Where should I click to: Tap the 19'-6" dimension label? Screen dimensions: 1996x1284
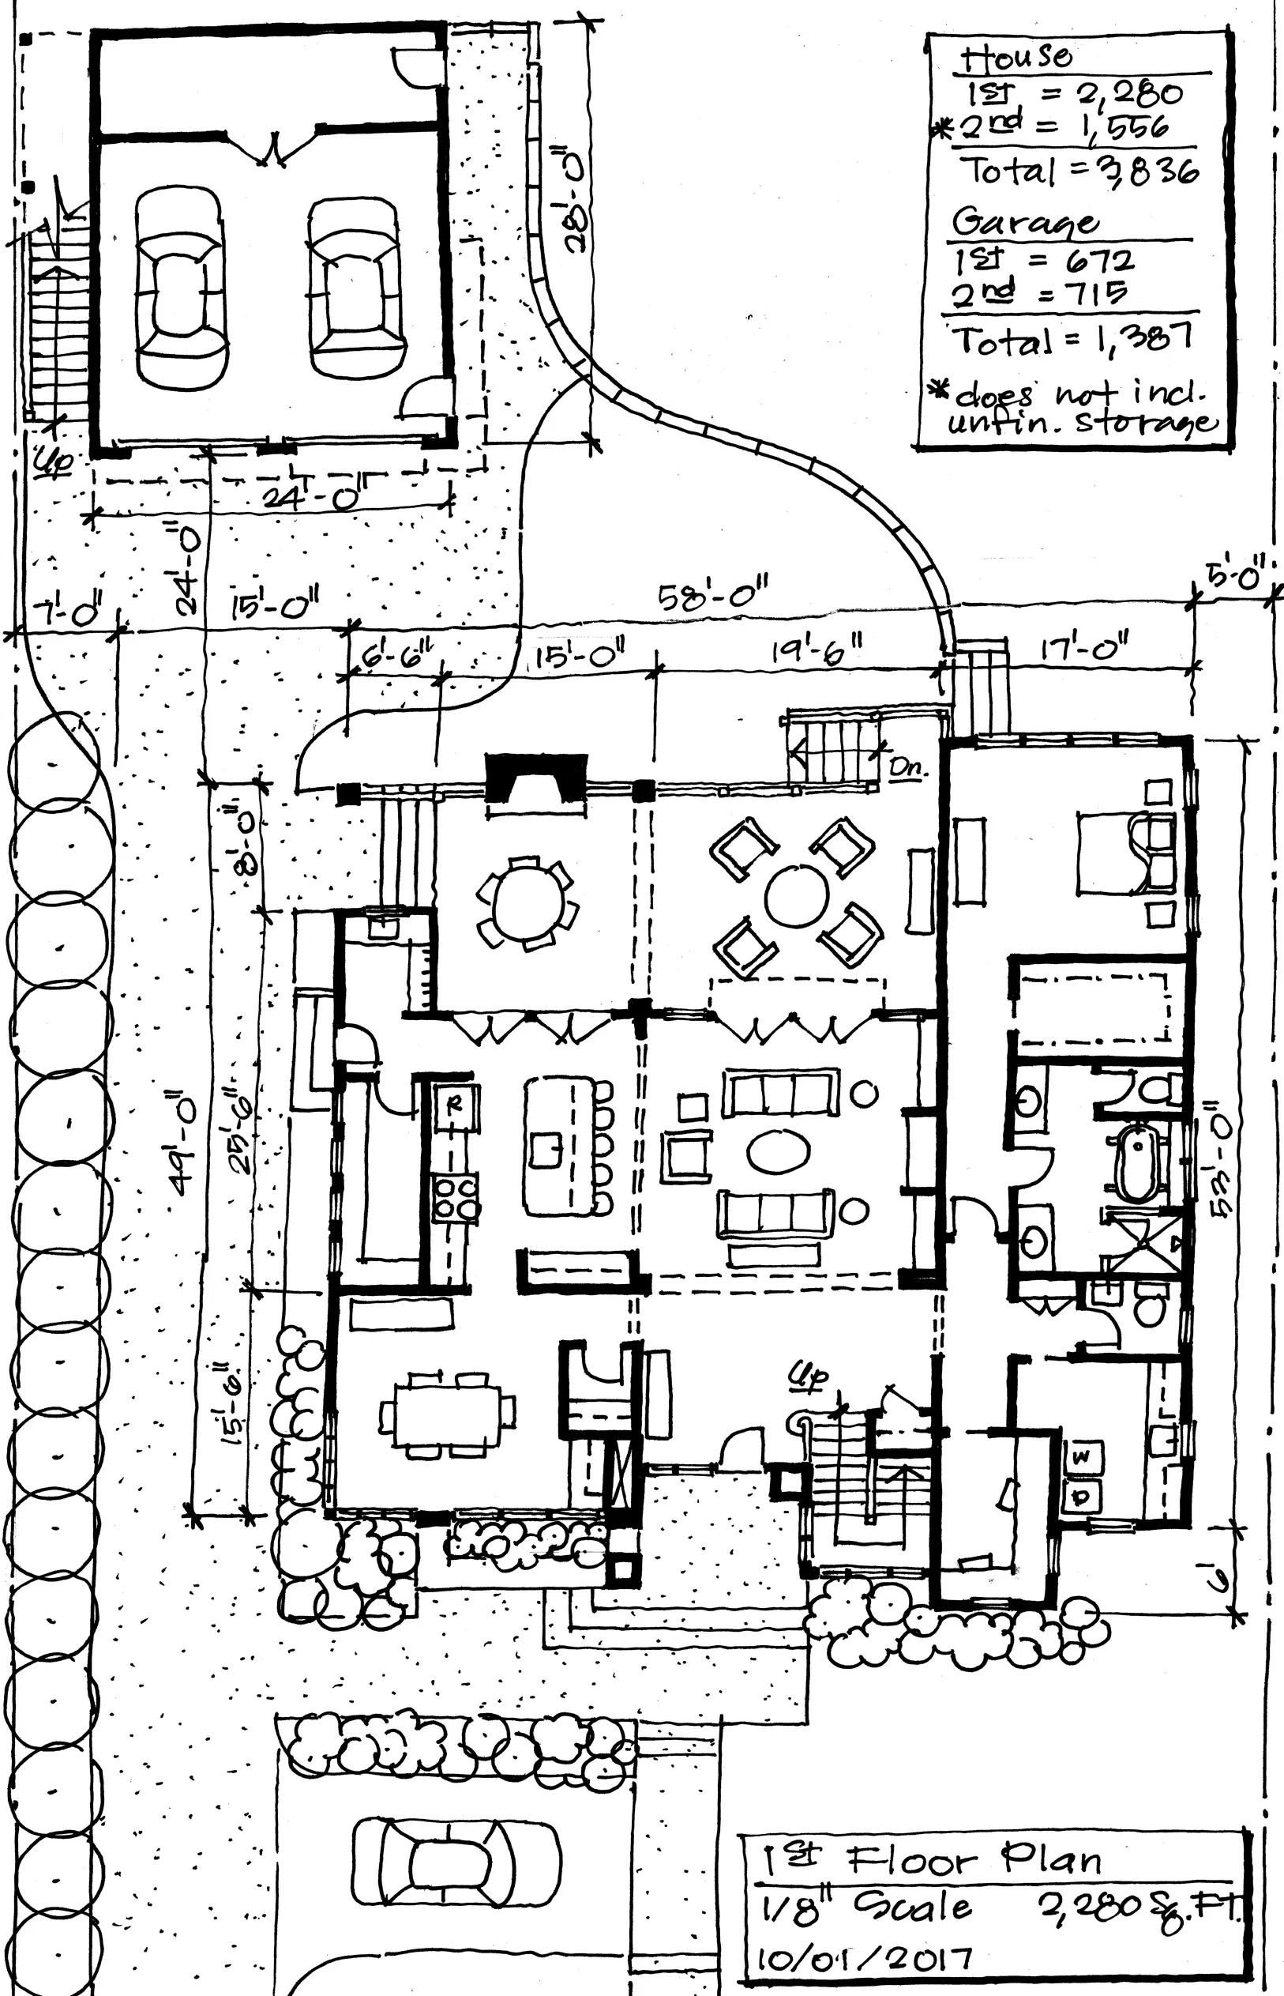(817, 648)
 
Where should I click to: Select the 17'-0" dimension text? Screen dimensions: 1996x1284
(1085, 646)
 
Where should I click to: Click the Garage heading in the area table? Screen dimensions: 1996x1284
(1025, 221)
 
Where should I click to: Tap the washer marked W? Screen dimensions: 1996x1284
(1081, 1457)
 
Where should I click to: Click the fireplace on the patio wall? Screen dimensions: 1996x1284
(537, 778)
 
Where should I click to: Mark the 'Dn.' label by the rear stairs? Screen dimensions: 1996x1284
(907, 767)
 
